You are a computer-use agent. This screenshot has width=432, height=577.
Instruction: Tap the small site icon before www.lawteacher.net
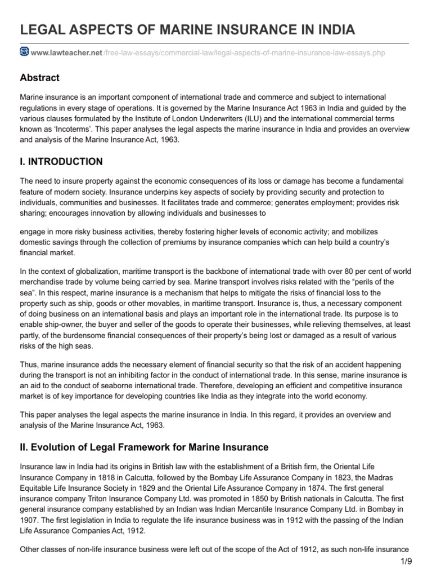24,52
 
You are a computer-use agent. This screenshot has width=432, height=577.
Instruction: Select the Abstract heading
39,78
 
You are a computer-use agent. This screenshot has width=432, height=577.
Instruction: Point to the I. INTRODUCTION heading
61,162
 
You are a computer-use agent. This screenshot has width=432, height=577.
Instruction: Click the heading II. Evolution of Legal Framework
144,447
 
